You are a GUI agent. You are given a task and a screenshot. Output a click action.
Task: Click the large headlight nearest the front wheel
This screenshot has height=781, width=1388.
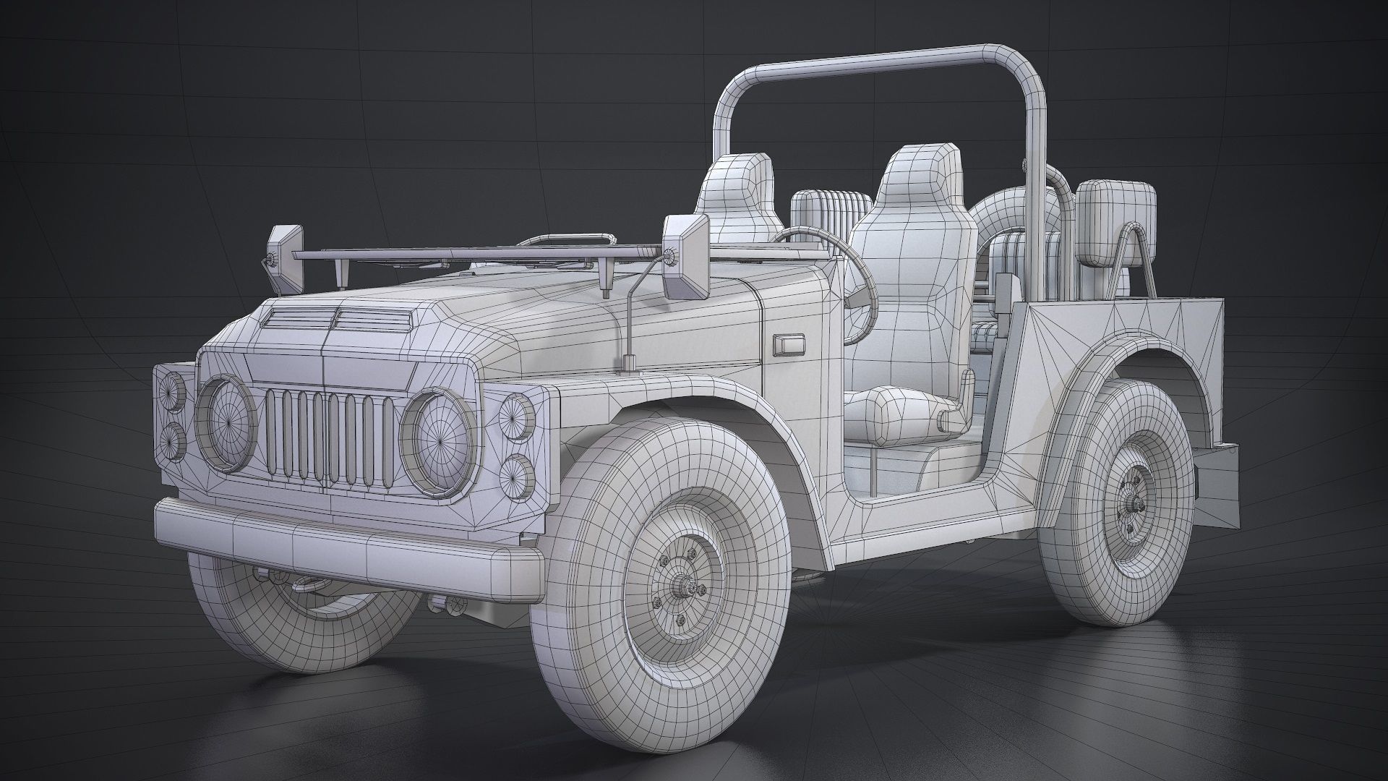click(x=436, y=440)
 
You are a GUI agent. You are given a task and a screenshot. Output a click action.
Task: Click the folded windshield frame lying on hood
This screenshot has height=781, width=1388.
click(x=470, y=253)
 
